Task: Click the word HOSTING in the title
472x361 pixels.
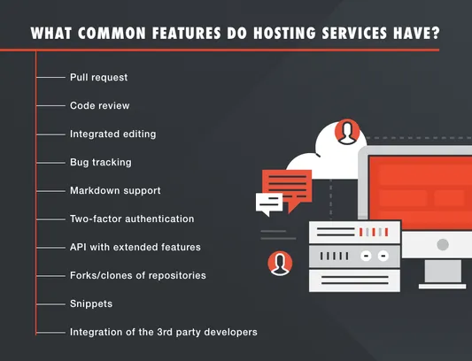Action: pos(284,33)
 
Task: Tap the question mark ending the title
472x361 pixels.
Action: pos(436,33)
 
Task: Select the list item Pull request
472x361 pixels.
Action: pos(98,78)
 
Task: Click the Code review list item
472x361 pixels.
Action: pos(100,105)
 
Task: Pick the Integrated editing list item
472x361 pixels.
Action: pos(112,134)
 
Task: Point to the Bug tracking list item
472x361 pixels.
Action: pos(101,163)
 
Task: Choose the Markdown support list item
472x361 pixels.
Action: pos(115,191)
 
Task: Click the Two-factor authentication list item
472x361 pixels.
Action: pos(132,219)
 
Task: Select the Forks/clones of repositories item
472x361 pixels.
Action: pos(138,275)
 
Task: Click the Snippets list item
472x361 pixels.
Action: pos(91,303)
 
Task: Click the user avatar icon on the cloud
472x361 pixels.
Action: pos(347,132)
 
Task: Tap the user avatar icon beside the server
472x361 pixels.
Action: pos(280,264)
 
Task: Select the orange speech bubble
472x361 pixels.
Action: pos(287,187)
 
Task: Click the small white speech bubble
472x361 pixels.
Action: pos(269,204)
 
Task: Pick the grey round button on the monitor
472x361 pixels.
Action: pos(443,244)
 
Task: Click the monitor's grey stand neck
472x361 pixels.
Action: pos(443,271)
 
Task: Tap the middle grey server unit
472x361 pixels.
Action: pos(354,257)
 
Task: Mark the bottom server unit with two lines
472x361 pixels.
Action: pos(354,280)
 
